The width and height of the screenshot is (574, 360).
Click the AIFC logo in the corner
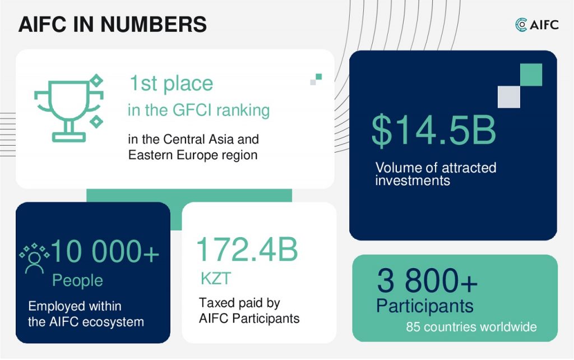536,25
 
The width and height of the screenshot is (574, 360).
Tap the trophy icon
69,108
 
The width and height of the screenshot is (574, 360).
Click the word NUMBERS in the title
154,25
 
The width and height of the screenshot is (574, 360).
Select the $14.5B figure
434,131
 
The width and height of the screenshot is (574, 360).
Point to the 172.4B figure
247,250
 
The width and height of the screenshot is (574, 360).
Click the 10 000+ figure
105,252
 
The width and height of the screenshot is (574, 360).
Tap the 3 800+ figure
427,281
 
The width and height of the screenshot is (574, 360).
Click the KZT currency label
216,279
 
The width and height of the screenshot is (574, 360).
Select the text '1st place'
172,84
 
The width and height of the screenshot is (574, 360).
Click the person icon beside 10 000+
34,259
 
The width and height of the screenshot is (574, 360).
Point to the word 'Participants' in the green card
425,306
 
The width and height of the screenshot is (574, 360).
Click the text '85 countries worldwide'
471,327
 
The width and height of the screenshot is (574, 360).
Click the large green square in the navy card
531,75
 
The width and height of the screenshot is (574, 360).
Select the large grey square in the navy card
509,97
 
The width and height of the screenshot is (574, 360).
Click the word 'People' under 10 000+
77,281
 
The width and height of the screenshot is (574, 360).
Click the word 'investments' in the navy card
413,181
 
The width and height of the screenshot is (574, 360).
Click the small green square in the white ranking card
319,76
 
